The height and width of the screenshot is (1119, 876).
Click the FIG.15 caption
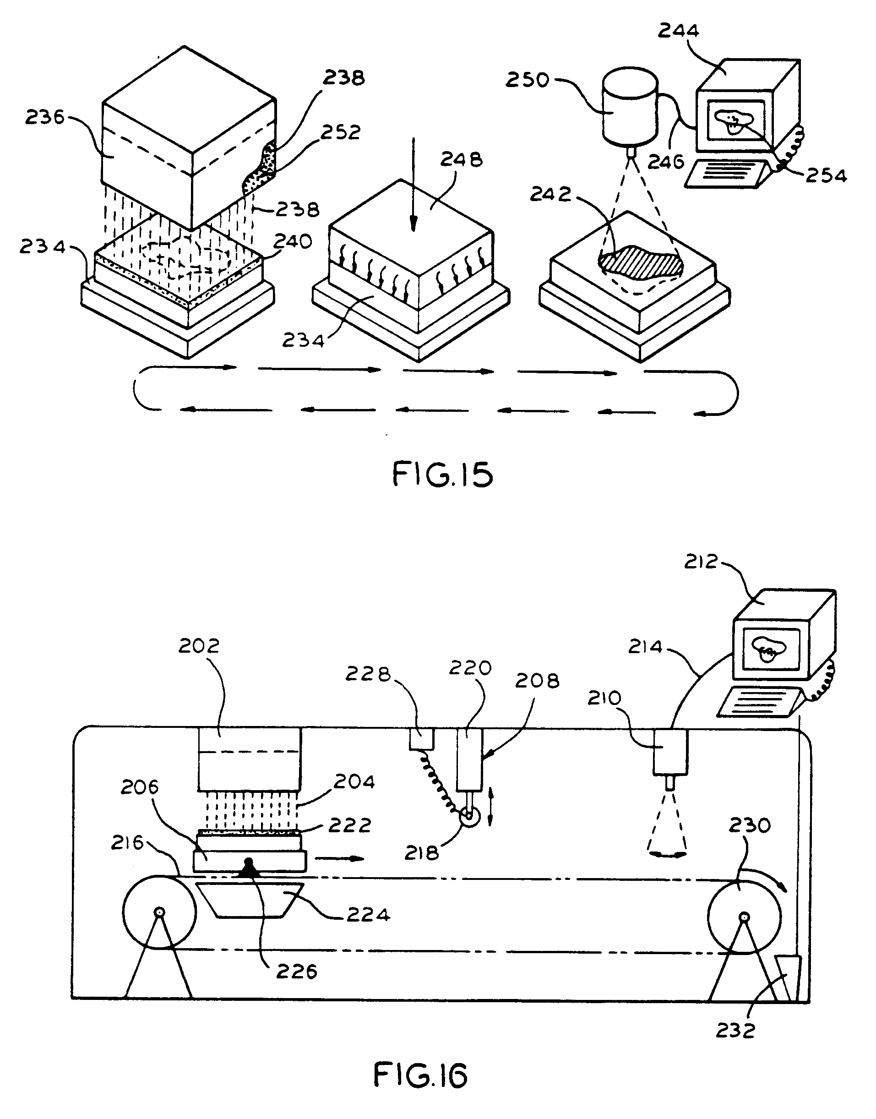[442, 474]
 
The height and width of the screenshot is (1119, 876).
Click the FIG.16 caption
[420, 1075]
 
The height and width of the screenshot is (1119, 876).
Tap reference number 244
[678, 31]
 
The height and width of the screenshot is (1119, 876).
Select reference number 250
[527, 80]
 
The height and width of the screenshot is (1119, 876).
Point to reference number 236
[45, 118]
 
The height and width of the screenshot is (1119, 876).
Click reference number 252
[341, 132]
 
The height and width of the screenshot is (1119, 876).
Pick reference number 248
[461, 159]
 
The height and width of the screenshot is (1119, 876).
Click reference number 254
[826, 176]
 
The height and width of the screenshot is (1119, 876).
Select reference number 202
[198, 645]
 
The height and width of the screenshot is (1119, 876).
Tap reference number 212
[701, 562]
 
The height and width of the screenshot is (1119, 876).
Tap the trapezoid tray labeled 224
[250, 901]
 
